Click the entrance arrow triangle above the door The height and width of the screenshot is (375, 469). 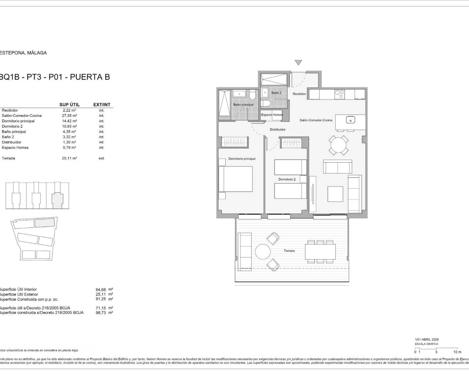pyautogui.click(x=298, y=63)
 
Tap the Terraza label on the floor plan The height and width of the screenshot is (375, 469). pyautogui.click(x=289, y=251)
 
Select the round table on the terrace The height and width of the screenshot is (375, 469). pyautogui.click(x=262, y=252)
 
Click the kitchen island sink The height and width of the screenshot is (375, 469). pyautogui.click(x=351, y=120)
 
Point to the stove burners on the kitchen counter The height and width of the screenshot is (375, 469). pyautogui.click(x=339, y=94)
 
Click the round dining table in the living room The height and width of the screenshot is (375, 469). pyautogui.click(x=339, y=145)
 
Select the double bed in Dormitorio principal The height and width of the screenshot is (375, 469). pyautogui.click(x=236, y=179)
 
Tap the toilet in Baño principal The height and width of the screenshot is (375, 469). pyautogui.click(x=251, y=96)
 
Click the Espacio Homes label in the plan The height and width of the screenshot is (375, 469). pyautogui.click(x=272, y=115)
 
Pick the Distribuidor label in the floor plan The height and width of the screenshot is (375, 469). pyautogui.click(x=277, y=130)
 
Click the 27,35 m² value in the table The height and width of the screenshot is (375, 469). pyautogui.click(x=69, y=116)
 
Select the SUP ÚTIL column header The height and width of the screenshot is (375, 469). pyautogui.click(x=69, y=105)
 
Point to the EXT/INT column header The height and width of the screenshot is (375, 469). pyautogui.click(x=101, y=105)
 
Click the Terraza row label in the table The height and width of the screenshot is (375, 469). pyautogui.click(x=8, y=159)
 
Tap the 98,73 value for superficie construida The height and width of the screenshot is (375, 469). pyautogui.click(x=101, y=313)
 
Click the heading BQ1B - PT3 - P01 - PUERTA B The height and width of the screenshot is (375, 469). pyautogui.click(x=55, y=77)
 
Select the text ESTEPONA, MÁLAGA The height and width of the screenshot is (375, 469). pyautogui.click(x=23, y=53)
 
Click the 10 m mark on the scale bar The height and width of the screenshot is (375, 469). pyautogui.click(x=457, y=352)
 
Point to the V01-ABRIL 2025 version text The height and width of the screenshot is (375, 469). pyautogui.click(x=426, y=339)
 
